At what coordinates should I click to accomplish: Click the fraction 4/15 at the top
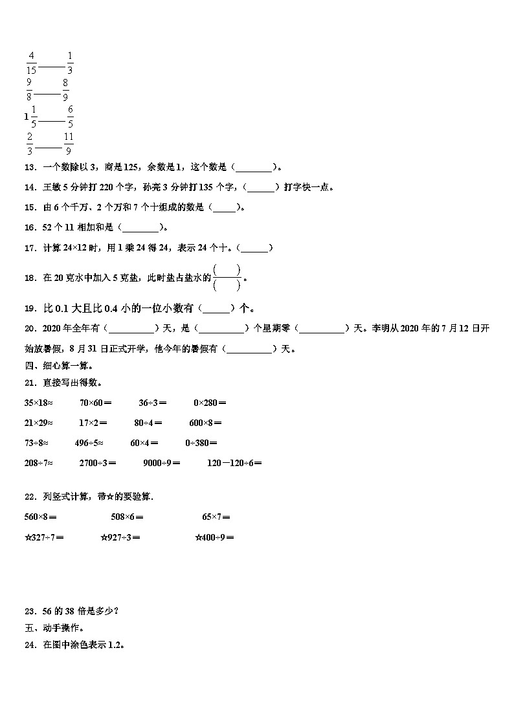tap(32, 62)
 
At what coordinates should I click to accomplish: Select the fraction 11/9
tap(68, 144)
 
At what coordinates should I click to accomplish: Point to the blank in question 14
tap(262, 187)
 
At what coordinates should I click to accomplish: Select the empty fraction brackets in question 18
tap(227, 277)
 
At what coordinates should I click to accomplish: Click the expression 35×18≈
tap(38, 403)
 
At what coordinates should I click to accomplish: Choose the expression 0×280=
tap(210, 403)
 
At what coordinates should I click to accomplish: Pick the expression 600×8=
tap(205, 423)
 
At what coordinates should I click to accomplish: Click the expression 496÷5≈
tap(89, 443)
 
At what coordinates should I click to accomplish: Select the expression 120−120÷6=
tap(234, 463)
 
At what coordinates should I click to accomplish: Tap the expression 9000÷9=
tap(162, 463)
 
